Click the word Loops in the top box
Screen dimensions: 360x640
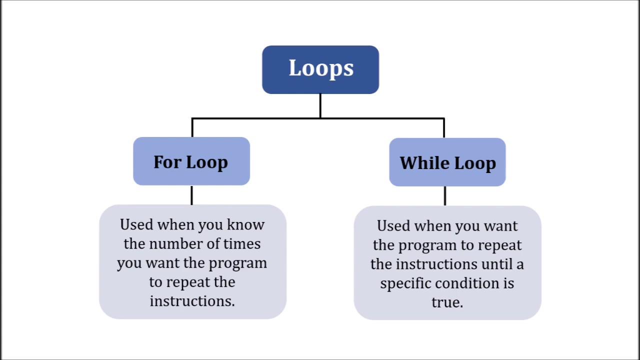[x=321, y=68]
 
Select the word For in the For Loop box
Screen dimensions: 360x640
[x=167, y=162]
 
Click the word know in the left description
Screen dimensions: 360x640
[x=245, y=224]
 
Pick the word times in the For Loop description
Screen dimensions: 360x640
[x=242, y=243]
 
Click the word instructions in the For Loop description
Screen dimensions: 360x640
[x=192, y=301]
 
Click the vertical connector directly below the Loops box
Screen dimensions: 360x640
[x=320, y=106]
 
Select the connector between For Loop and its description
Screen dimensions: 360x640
[x=192, y=195]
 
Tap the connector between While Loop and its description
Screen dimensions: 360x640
[x=445, y=196]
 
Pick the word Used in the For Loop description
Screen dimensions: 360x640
[x=136, y=224]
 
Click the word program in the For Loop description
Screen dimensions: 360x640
[x=238, y=263]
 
